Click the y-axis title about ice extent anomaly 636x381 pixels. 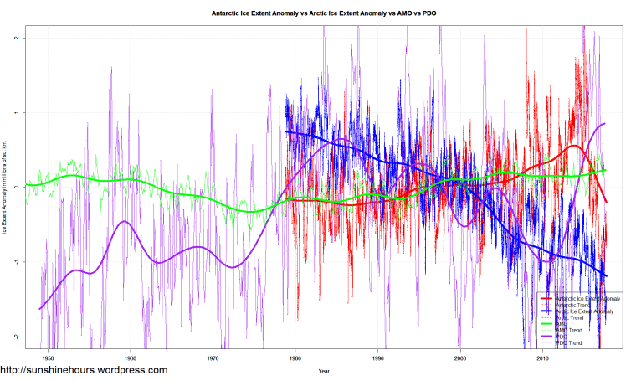click(x=6, y=188)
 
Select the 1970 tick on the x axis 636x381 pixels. click(x=213, y=358)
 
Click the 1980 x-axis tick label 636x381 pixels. click(x=295, y=358)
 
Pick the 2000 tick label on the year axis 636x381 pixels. click(x=460, y=358)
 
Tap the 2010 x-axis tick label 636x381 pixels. click(x=542, y=358)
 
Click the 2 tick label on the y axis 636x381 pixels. click(x=18, y=39)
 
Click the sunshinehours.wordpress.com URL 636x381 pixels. click(x=84, y=370)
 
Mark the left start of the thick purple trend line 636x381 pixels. click(x=40, y=309)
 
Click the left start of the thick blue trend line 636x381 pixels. click(x=286, y=131)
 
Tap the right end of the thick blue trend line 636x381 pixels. click(x=606, y=276)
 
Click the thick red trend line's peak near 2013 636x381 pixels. click(x=575, y=146)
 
